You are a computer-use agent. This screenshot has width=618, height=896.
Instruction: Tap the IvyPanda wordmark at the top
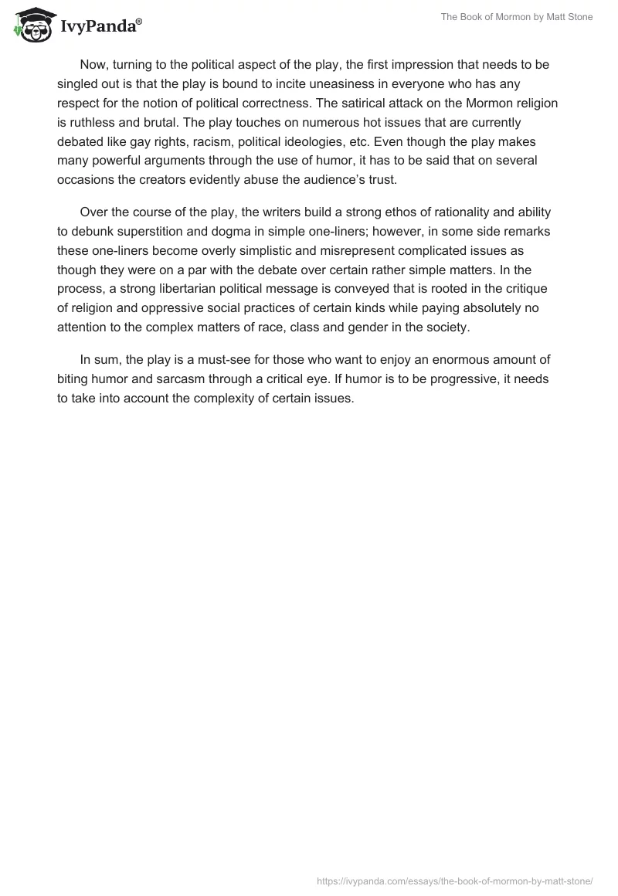pyautogui.click(x=101, y=26)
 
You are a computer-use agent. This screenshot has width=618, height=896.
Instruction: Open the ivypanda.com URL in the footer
pyautogui.click(x=455, y=880)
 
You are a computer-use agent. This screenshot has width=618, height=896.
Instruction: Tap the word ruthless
pyautogui.click(x=94, y=122)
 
